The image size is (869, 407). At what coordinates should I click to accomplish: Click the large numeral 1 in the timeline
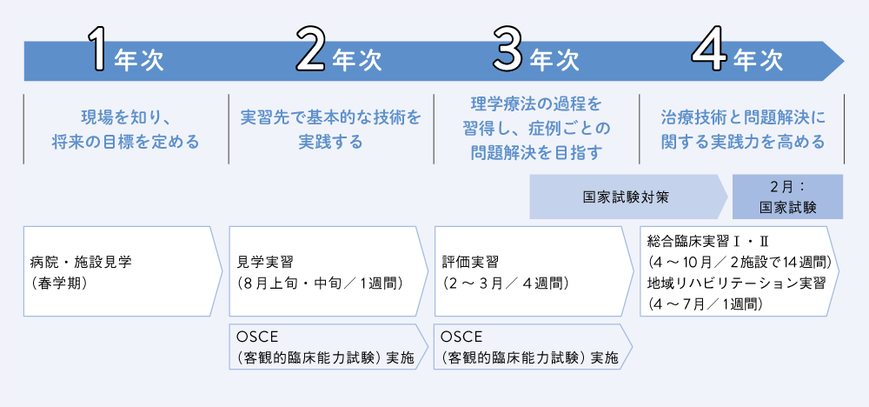click(x=100, y=49)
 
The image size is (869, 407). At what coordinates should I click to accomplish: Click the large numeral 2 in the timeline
click(x=310, y=49)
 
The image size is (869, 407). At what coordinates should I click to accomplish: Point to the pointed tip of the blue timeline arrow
click(x=844, y=60)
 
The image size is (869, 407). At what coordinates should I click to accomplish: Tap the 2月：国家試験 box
click(x=787, y=197)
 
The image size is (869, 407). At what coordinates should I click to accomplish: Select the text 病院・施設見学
click(x=82, y=262)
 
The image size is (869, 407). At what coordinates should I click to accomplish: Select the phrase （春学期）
click(x=57, y=283)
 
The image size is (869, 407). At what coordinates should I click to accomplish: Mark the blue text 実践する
click(x=331, y=143)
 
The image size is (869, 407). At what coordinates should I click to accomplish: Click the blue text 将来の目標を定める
click(x=125, y=143)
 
